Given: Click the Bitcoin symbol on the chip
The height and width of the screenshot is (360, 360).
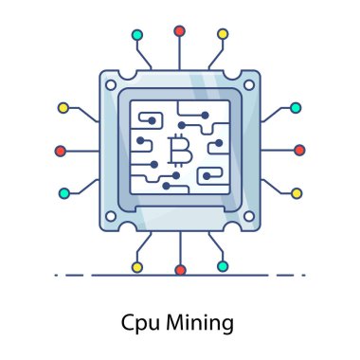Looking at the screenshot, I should [x=177, y=150].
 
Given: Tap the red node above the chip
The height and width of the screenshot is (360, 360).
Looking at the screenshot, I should [x=179, y=31].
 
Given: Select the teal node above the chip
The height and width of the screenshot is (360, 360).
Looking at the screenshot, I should [x=137, y=35].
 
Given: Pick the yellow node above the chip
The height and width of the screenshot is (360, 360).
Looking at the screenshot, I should [x=223, y=35].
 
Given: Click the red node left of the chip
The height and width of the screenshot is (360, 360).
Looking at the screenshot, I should [x=61, y=151].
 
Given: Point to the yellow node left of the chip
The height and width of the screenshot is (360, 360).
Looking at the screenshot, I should [x=63, y=108].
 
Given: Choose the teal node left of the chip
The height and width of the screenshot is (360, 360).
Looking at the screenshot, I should [x=63, y=193].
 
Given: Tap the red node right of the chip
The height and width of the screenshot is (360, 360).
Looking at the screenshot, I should [x=299, y=150].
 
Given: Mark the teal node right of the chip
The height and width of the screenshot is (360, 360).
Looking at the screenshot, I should [x=296, y=108].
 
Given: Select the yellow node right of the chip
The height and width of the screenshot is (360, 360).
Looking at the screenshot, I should [x=296, y=193].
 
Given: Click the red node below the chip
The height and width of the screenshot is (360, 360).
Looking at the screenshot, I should [x=180, y=270].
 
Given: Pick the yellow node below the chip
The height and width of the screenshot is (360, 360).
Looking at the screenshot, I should [x=137, y=267].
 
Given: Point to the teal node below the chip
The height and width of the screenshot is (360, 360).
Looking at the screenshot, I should [x=222, y=266].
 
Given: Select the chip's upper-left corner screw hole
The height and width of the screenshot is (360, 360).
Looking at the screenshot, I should [x=111, y=85].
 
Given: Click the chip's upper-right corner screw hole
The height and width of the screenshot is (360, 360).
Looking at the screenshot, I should [x=248, y=85].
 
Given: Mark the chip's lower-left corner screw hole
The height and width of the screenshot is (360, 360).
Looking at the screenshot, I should [x=111, y=216].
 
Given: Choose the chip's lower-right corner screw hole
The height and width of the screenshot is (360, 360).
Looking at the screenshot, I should [x=248, y=216].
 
